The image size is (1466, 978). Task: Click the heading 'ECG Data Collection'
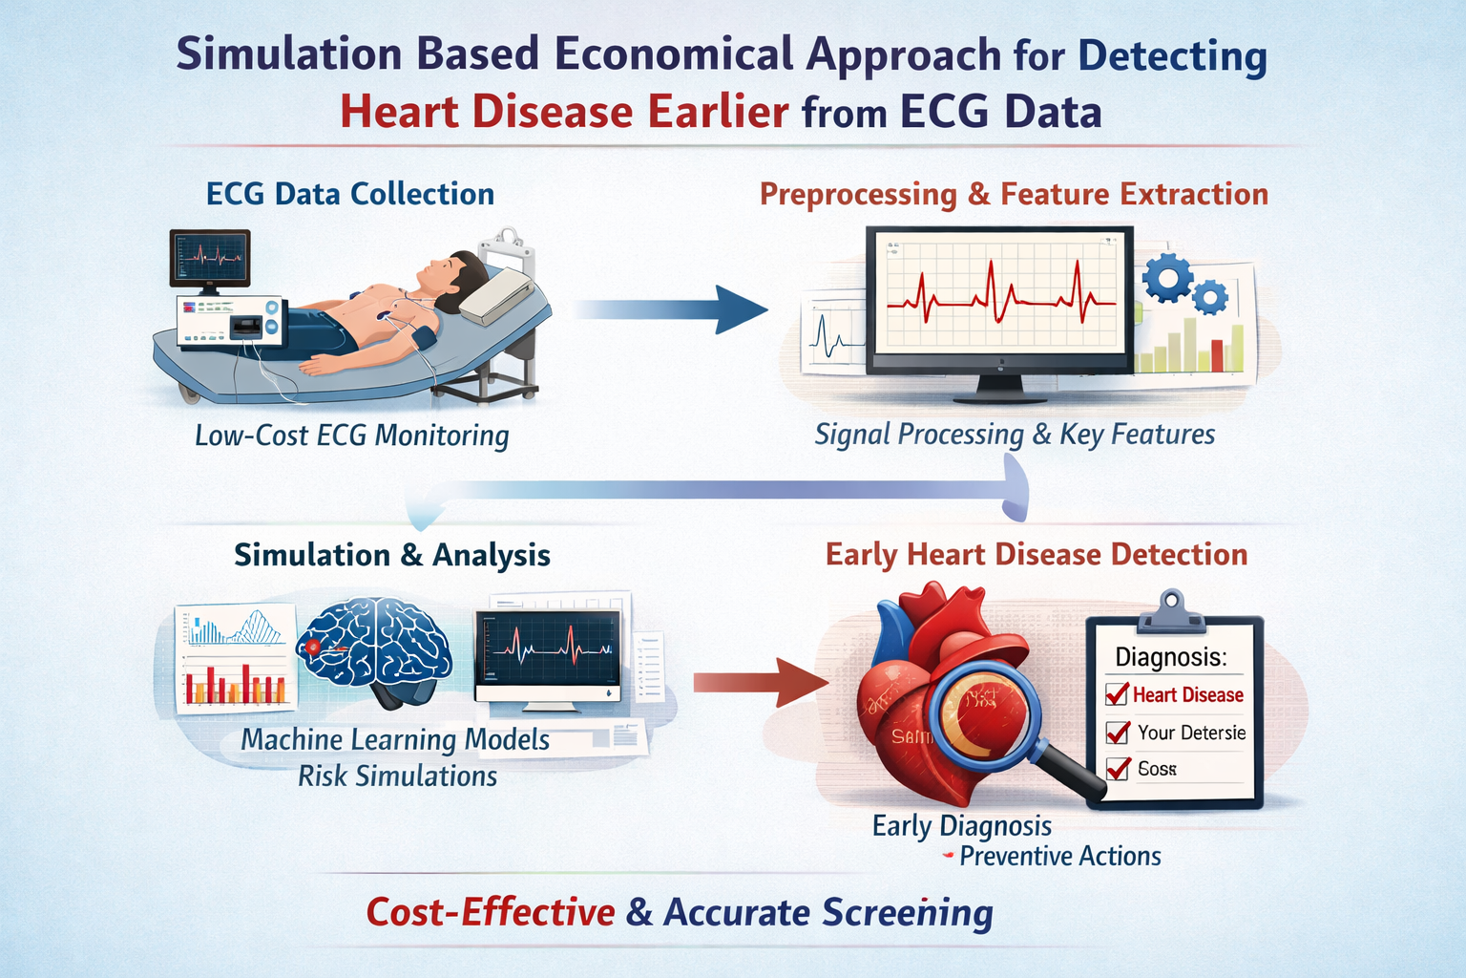tap(350, 194)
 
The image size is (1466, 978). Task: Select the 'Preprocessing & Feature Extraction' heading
tap(1014, 194)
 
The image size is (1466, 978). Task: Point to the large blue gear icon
tap(1167, 278)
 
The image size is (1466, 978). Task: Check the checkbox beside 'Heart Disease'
tap(1117, 694)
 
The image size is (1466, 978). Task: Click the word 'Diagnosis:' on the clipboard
tap(1171, 657)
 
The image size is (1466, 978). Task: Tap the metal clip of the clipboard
tap(1169, 611)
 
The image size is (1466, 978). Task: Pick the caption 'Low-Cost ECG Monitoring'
tap(351, 436)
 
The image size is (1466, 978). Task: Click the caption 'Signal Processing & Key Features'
tap(1015, 435)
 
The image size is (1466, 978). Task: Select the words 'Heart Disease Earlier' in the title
tap(564, 112)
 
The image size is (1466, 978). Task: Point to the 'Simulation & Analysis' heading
tap(392, 555)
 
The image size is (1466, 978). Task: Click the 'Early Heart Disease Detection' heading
tap(1037, 555)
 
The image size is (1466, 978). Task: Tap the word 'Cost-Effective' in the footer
tap(491, 912)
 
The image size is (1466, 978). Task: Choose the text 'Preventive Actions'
tap(1059, 856)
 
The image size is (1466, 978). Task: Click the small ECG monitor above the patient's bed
tap(210, 258)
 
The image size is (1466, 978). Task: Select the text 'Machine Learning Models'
tap(395, 739)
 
